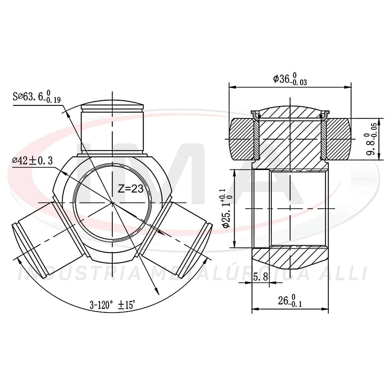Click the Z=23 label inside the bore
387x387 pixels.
tap(131, 189)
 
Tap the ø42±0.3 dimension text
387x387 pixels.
tap(32, 161)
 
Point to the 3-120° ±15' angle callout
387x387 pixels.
tap(112, 306)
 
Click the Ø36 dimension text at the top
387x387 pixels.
tap(290, 79)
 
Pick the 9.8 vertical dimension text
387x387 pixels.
tap(371, 138)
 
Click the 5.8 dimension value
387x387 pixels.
tap(261, 277)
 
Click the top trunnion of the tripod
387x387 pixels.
tap(112, 129)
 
